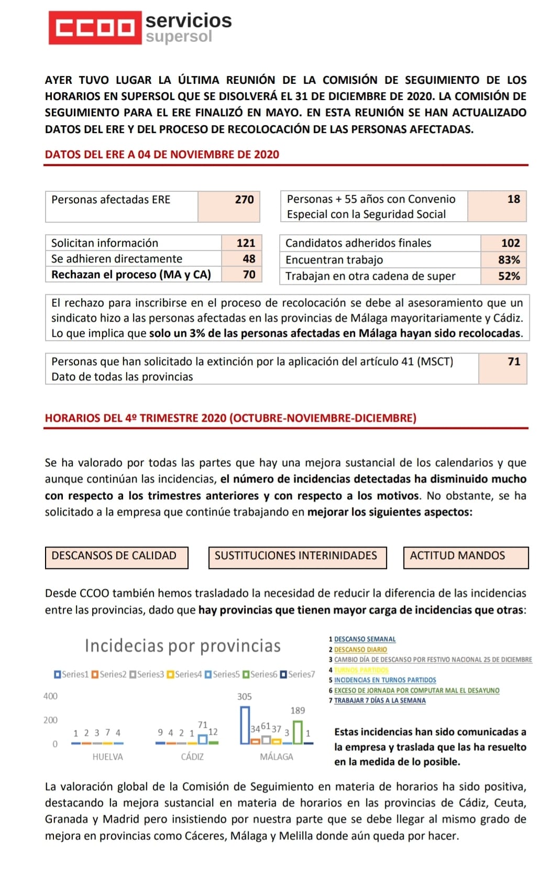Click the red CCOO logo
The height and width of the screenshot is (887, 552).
click(x=95, y=27)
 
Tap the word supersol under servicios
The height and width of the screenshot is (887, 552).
click(x=179, y=37)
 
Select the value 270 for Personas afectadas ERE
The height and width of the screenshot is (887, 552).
click(x=244, y=200)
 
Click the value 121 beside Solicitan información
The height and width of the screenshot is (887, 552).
click(x=246, y=243)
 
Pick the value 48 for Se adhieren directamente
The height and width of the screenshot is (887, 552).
click(x=249, y=259)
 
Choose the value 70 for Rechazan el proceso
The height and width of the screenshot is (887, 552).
click(x=249, y=275)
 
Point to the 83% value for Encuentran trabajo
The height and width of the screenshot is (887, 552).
click(x=509, y=260)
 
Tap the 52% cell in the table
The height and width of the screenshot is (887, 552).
click(x=509, y=276)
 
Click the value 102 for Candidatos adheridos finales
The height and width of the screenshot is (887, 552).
click(x=510, y=243)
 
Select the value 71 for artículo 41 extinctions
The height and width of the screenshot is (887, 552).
click(x=514, y=362)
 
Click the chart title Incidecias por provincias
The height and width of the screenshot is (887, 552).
click(x=183, y=646)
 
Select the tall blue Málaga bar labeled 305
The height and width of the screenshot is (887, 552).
click(x=245, y=725)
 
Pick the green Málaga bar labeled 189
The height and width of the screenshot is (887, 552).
click(x=297, y=732)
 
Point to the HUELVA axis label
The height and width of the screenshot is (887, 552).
click(x=107, y=757)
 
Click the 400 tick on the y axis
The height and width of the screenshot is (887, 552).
click(x=50, y=696)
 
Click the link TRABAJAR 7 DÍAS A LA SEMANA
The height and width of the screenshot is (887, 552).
click(x=380, y=700)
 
